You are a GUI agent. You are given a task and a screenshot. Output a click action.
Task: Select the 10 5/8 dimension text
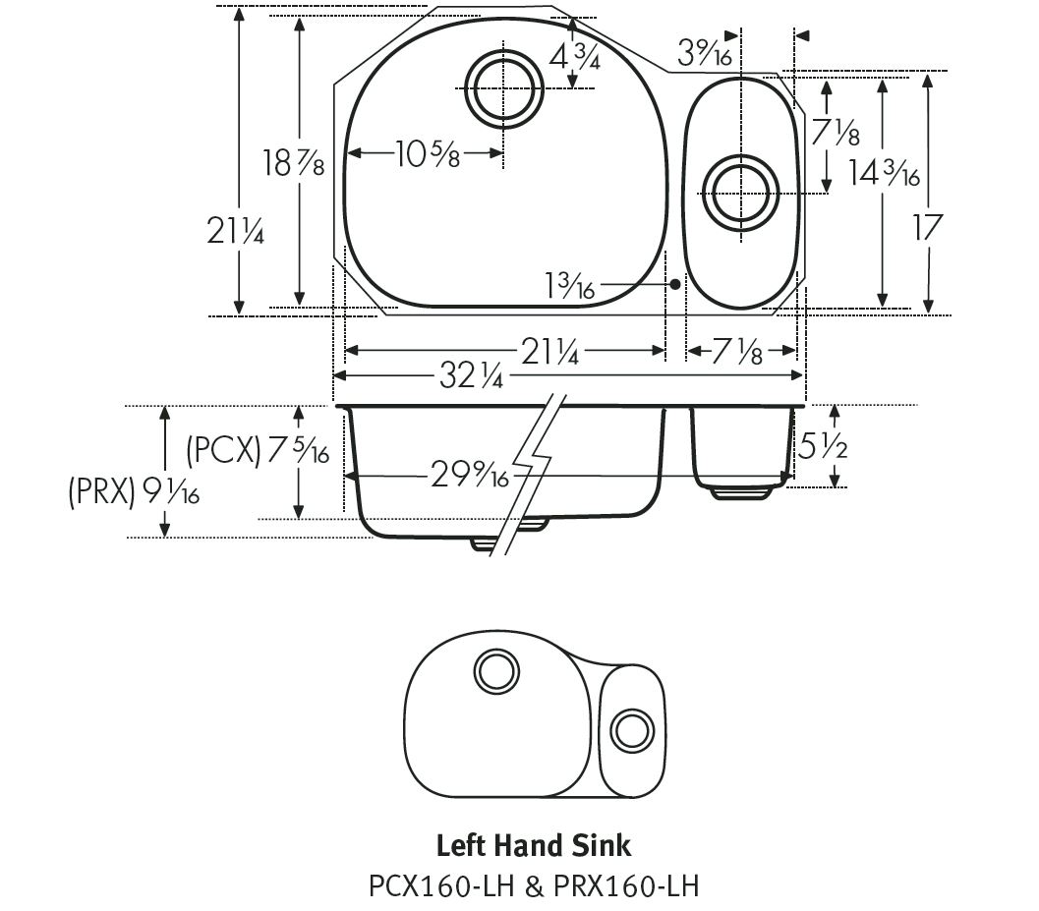[428, 153]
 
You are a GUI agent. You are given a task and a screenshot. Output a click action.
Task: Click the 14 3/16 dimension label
[884, 173]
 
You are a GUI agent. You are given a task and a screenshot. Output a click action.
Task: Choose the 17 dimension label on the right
[927, 227]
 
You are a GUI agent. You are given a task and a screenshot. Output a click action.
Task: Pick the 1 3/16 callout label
[570, 286]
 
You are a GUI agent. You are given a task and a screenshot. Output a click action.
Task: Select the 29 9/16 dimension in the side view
[469, 477]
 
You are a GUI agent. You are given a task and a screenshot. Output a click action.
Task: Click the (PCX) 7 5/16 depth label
[258, 451]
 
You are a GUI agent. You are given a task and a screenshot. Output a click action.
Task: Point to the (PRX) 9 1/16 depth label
[134, 491]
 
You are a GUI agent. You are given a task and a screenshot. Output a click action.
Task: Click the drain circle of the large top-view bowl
[505, 87]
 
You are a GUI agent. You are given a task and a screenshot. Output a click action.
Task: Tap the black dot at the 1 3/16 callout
[675, 284]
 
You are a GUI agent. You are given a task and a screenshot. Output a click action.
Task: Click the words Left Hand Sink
[533, 845]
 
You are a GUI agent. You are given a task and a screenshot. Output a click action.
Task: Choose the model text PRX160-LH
[624, 885]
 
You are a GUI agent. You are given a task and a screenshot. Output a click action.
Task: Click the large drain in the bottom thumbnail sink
[495, 670]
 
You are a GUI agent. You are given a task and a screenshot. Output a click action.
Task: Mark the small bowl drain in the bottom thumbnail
[631, 729]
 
